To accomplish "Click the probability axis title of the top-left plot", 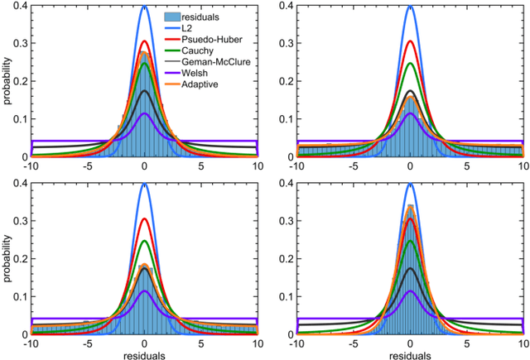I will click(7, 79).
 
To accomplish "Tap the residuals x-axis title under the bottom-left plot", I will click(144, 353).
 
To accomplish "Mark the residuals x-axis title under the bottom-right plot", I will click(410, 353).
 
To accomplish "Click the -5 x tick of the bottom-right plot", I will click(353, 343).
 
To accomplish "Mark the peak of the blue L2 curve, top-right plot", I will click(410, 7).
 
